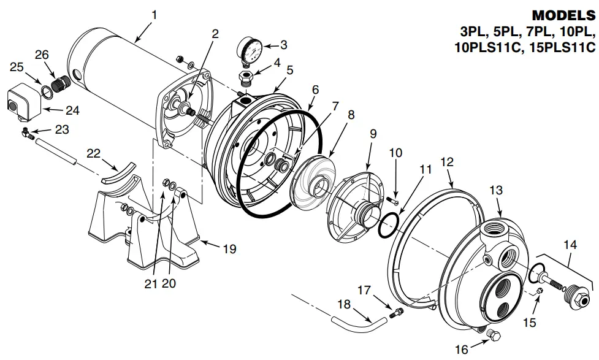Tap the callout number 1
point(154,13)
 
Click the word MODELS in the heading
point(563,15)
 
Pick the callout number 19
point(229,249)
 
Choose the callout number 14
point(570,245)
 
